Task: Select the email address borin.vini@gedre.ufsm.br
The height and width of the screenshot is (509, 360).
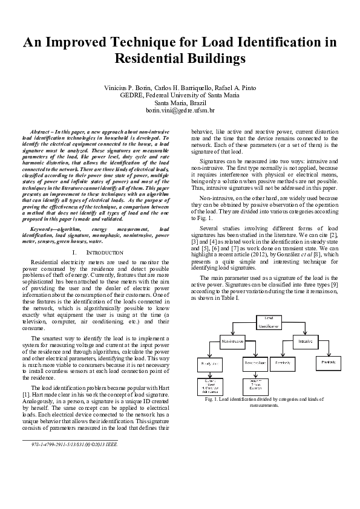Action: [180, 111]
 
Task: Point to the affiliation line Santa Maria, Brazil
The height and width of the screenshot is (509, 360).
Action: [180, 103]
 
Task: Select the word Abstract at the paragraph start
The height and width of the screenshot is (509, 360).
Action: [41, 131]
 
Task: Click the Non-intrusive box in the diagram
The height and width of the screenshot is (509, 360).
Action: [233, 342]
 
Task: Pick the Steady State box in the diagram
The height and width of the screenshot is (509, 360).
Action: [209, 363]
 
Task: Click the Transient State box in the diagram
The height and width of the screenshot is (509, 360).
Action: [252, 363]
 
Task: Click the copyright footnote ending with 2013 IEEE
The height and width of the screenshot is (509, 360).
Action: [74, 444]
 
